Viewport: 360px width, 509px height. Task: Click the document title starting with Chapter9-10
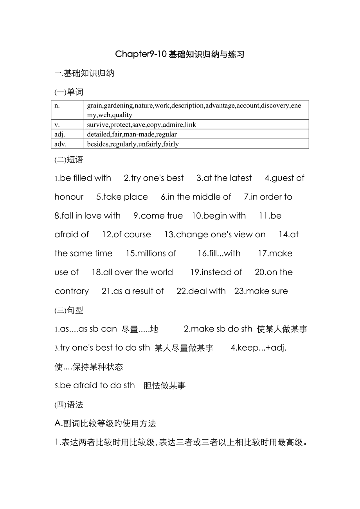180,54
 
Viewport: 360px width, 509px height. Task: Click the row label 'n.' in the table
57,106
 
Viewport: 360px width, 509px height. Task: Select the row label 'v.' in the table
57,125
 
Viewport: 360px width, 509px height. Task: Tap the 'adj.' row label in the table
59,134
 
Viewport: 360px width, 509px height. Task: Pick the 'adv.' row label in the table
60,144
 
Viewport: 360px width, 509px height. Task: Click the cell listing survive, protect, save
142,125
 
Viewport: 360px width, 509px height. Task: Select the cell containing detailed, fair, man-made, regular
132,134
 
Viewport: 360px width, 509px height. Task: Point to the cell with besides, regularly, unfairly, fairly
133,144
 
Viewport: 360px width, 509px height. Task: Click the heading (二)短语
69,160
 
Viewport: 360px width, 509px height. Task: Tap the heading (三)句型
69,310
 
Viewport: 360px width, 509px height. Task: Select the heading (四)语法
69,405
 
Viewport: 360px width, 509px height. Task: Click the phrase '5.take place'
122,197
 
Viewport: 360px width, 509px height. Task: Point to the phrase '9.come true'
158,216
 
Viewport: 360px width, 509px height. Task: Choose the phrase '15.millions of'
151,253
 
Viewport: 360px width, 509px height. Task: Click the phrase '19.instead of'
216,272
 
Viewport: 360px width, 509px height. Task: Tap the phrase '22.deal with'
201,291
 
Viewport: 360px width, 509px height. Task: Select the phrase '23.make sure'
261,291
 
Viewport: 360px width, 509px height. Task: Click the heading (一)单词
69,92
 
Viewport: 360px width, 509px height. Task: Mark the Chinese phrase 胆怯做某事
164,386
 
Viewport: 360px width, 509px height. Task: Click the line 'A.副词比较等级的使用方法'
105,423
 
